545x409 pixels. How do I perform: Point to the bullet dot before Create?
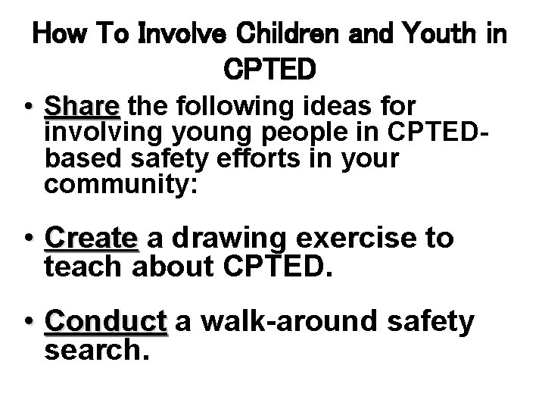tap(28, 240)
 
